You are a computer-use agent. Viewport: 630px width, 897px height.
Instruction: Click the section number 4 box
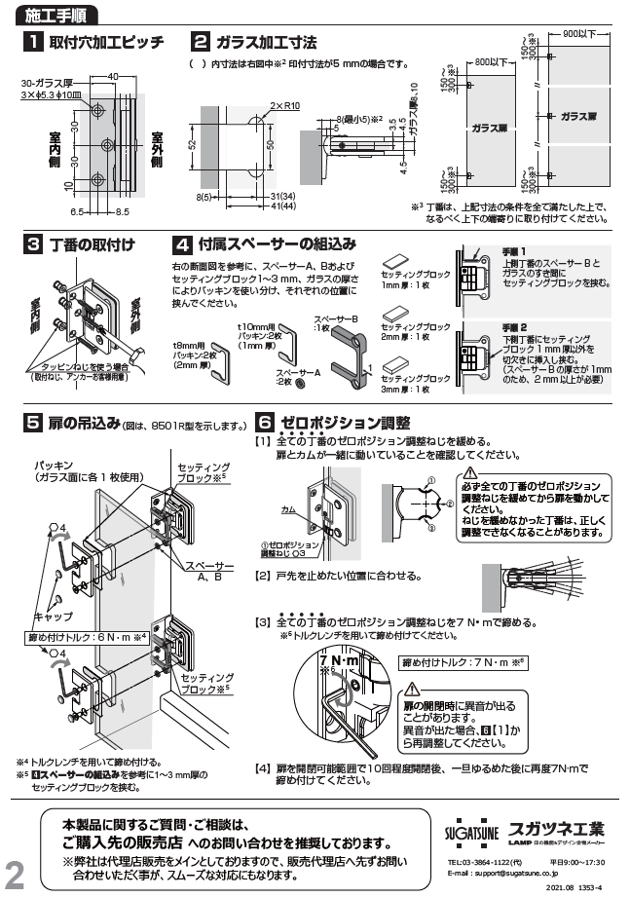coord(180,244)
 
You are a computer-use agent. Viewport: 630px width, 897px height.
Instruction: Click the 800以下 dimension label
coord(492,63)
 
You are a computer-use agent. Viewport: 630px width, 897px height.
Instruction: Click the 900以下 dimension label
coord(580,35)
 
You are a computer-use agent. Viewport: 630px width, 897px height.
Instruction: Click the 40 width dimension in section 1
coord(113,76)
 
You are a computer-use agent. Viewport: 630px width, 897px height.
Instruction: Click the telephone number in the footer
coord(486,861)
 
